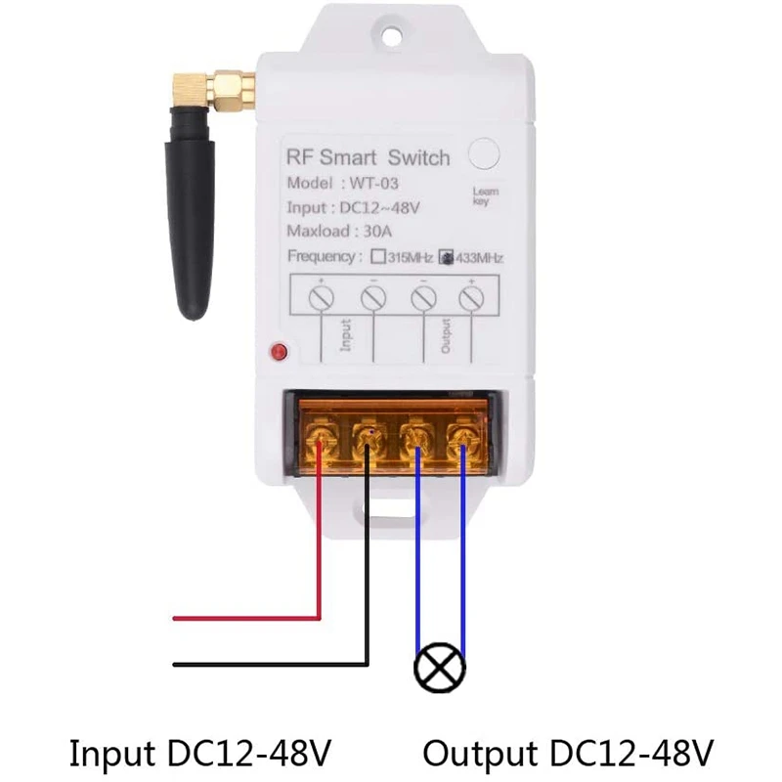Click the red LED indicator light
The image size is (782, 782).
coord(279,352)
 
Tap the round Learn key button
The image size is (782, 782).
coord(484,153)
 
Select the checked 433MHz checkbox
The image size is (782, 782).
coord(446,257)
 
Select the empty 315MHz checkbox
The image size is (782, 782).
coord(378,257)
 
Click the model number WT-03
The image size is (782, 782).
coord(374,184)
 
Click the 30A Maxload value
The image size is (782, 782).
coord(377,232)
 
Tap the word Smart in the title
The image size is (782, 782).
coord(348,157)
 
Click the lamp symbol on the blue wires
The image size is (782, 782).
coord(440,668)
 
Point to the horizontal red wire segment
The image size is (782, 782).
coord(246,619)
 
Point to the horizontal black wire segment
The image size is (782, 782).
coord(271,665)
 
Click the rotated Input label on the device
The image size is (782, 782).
coord(346,335)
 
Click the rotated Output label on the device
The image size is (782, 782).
coord(446,336)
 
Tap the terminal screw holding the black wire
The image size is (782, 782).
coord(369,438)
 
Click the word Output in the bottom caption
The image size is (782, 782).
coord(482,753)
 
